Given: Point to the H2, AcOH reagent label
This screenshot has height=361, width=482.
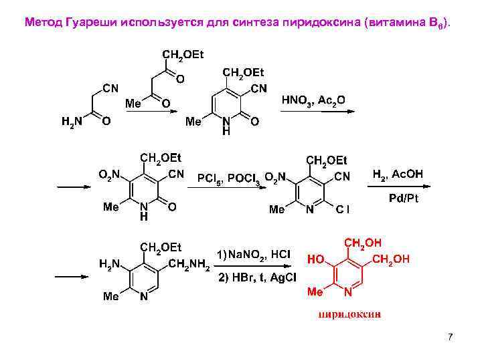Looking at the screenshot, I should tap(397, 174).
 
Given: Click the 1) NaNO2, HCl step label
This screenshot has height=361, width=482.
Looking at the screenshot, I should tap(254, 255).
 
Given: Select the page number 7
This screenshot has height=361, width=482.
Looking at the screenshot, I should tap(451, 336).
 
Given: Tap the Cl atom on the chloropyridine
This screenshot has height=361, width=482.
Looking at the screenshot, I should tap(343, 209).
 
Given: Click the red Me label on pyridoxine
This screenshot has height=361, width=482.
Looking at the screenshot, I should tap(315, 292).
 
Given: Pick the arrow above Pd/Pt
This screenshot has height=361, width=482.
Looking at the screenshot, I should tap(398, 188).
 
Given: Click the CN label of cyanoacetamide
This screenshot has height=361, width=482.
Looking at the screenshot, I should tap(110, 87).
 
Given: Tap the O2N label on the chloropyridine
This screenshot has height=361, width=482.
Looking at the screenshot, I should tap(274, 176).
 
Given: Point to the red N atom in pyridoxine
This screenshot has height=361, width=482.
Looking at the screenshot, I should tap(348, 293).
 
